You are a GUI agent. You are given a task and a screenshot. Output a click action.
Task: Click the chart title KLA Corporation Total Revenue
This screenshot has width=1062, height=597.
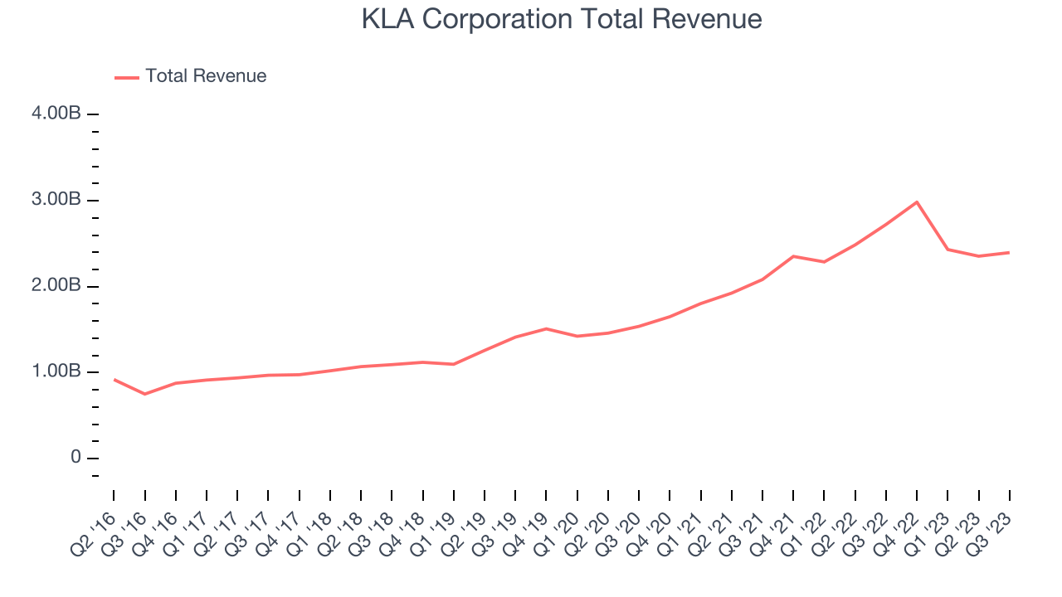pyautogui.click(x=561, y=19)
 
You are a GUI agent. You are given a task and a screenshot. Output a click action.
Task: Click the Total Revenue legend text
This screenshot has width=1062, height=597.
pyautogui.click(x=206, y=76)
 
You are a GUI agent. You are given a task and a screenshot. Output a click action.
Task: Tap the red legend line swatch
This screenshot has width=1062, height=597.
pyautogui.click(x=126, y=77)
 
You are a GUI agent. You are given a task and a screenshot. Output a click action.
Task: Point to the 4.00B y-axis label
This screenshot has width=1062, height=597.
pyautogui.click(x=56, y=114)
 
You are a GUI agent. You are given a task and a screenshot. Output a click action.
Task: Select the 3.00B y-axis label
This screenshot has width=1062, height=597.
pyautogui.click(x=56, y=200)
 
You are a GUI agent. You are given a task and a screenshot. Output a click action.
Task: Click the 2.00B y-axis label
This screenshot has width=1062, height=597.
pyautogui.click(x=56, y=286)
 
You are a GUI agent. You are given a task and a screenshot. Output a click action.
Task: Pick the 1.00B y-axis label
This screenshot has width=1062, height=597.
pyautogui.click(x=56, y=371)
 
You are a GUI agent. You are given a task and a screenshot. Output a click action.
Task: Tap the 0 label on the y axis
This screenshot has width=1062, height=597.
pyautogui.click(x=76, y=458)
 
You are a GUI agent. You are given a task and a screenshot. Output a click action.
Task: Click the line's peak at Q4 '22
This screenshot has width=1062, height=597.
pyautogui.click(x=917, y=201)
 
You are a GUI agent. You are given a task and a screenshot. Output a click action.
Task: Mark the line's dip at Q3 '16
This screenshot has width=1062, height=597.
pyautogui.click(x=145, y=394)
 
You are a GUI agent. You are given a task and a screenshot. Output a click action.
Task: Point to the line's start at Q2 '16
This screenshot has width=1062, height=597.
pyautogui.click(x=114, y=379)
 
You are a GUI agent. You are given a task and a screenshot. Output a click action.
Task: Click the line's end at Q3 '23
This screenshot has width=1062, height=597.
pyautogui.click(x=1009, y=252)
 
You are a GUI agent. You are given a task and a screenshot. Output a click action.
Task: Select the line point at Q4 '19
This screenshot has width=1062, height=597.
pyautogui.click(x=546, y=328)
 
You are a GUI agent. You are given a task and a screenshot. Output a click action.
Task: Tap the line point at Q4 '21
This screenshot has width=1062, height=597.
pyautogui.click(x=793, y=256)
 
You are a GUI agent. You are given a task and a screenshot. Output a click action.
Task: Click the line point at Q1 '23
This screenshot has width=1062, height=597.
pyautogui.click(x=948, y=249)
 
